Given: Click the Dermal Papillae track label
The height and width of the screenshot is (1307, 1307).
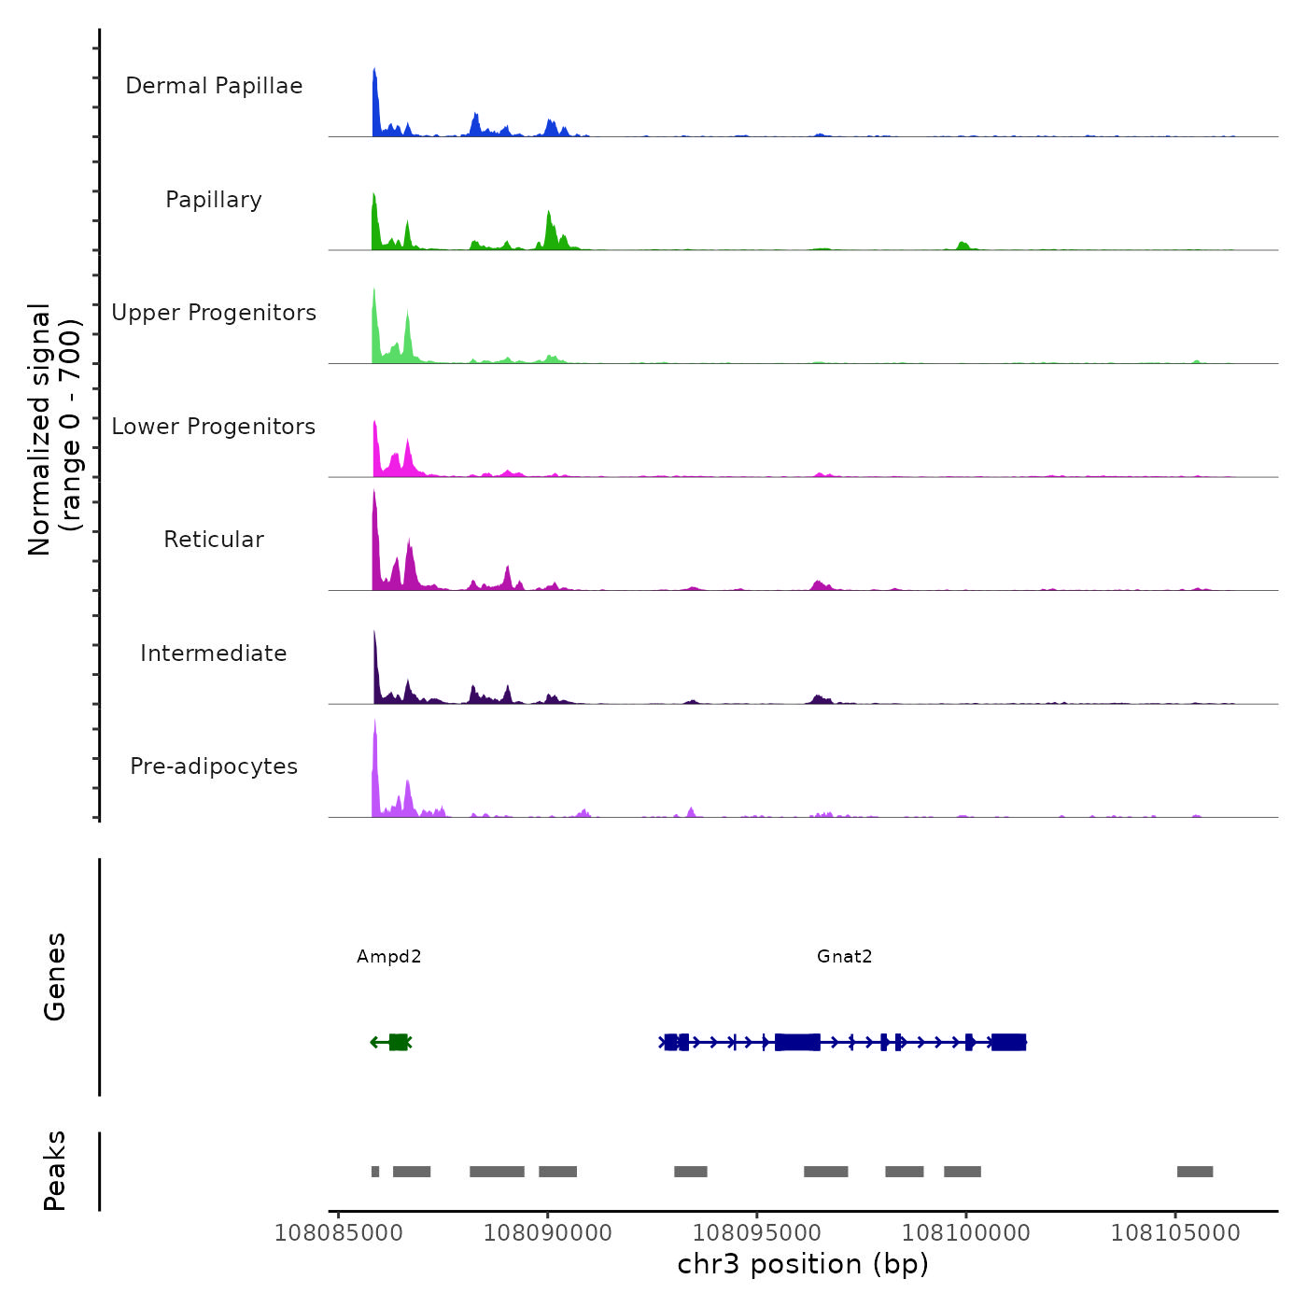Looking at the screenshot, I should point(214,86).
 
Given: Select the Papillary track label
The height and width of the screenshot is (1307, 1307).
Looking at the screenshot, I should point(214,200).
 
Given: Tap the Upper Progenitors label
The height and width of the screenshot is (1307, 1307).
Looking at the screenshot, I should point(214,313).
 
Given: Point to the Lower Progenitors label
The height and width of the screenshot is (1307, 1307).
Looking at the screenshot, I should point(214,427).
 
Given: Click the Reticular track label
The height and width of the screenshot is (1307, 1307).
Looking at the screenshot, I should point(214,540).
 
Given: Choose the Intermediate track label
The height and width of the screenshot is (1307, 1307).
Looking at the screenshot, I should point(214,653).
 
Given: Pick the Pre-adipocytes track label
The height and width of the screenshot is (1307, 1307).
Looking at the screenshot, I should point(214,766).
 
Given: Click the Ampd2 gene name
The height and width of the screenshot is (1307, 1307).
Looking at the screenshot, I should point(389,956).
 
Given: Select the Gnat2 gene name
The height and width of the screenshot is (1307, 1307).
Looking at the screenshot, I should point(844,956).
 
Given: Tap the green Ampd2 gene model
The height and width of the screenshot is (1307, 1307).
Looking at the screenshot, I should point(398,1042).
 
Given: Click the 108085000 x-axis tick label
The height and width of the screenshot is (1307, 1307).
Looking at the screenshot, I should point(338,1233).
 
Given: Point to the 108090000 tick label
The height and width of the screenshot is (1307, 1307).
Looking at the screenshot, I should point(548,1233).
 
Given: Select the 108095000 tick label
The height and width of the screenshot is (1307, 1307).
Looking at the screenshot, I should point(757,1233).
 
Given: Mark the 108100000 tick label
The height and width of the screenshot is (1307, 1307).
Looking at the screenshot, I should point(966,1233).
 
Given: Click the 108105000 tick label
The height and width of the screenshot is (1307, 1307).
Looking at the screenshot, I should point(1175,1233).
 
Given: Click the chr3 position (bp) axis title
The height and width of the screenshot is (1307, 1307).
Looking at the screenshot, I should point(803,1264).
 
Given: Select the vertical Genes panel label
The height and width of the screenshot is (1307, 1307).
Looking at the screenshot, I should point(55,977).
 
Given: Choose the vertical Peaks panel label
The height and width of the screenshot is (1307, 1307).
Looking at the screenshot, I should point(55,1171).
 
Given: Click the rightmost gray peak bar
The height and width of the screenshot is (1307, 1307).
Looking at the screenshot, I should point(1195,1172).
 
